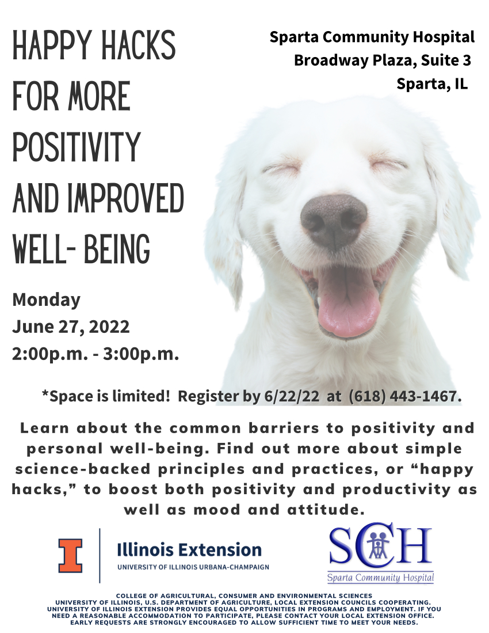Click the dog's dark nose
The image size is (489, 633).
click(x=334, y=221)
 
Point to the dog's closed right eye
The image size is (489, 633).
click(x=282, y=167)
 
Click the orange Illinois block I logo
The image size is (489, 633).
click(x=71, y=555)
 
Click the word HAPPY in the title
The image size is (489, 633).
click(x=52, y=44)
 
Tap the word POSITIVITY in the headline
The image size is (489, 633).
click(x=76, y=146)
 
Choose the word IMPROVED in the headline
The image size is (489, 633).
click(x=126, y=198)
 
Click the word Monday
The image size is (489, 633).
click(x=47, y=300)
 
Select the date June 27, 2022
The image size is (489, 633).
click(x=71, y=327)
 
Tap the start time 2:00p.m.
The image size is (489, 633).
click(x=50, y=354)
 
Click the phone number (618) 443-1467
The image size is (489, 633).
click(x=405, y=396)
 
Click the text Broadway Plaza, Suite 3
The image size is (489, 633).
click(x=382, y=60)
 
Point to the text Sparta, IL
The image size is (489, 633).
click(x=432, y=84)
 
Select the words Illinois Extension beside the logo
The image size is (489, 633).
click(x=189, y=550)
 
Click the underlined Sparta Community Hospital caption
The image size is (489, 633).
click(x=381, y=578)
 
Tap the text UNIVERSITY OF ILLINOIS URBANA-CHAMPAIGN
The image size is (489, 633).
click(x=193, y=567)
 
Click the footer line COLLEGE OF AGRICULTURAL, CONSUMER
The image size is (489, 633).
click(x=244, y=596)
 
